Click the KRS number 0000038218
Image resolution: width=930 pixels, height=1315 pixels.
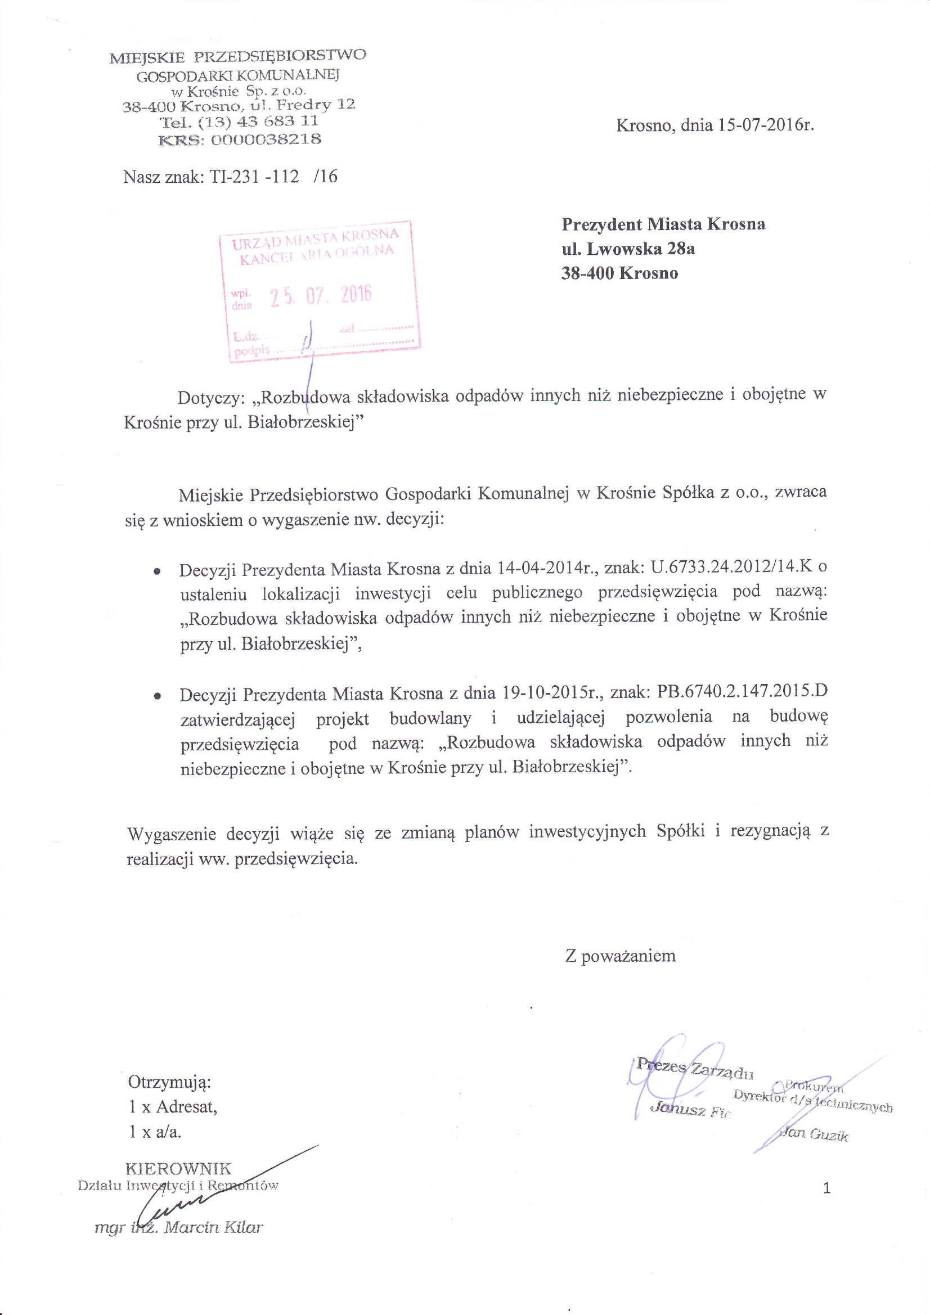coord(266,139)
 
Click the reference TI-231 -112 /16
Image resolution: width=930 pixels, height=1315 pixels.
coord(274,177)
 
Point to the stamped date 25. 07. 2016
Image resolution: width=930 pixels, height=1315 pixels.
coord(321,296)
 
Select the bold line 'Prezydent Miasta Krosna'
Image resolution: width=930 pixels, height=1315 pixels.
coord(663,224)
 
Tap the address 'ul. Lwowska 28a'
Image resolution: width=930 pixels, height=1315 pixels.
coord(628,249)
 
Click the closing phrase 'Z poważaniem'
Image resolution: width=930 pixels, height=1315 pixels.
coord(620,956)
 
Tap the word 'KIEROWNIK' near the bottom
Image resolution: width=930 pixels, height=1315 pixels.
coord(178,1168)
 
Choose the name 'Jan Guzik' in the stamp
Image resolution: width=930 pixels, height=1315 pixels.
coord(814,1134)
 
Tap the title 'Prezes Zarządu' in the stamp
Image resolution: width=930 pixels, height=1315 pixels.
coord(694,1069)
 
